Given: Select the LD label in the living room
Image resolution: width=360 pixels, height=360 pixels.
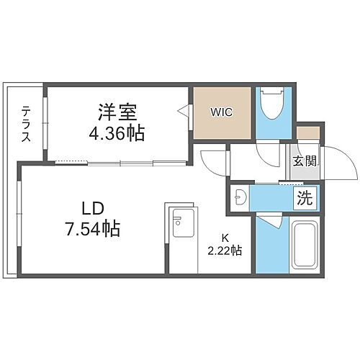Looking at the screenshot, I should [94, 209].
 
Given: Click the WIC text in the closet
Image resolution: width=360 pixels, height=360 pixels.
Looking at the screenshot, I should [221, 112].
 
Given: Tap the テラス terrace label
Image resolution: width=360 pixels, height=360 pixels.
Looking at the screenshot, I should [26, 125].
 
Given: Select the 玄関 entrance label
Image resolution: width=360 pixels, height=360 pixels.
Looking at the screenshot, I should [303, 161].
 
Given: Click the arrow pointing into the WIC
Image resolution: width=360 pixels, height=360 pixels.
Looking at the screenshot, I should [184, 112].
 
